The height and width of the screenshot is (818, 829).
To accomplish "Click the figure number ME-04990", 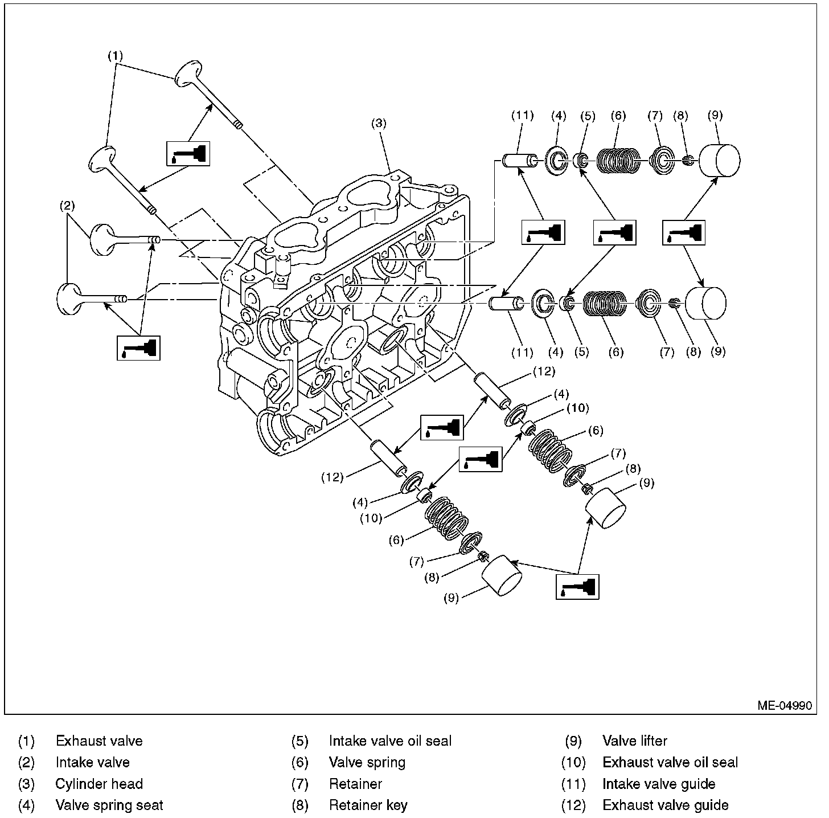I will pyautogui.click(x=784, y=705).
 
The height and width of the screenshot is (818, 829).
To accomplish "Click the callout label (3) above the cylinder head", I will pyautogui.click(x=379, y=122).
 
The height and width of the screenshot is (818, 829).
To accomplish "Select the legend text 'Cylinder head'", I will pyautogui.click(x=99, y=784).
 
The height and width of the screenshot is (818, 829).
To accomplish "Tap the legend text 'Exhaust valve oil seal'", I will pyautogui.click(x=670, y=762).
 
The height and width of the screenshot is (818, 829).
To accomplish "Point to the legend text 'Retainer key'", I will pyautogui.click(x=368, y=805).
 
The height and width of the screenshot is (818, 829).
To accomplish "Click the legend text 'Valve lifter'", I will pyautogui.click(x=634, y=741).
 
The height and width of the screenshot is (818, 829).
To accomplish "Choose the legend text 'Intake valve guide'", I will pyautogui.click(x=658, y=784).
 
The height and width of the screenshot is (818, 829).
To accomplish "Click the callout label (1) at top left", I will pyautogui.click(x=116, y=56).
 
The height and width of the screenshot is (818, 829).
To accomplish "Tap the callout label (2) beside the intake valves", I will pyautogui.click(x=68, y=206).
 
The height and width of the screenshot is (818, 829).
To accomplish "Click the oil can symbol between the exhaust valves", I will pyautogui.click(x=188, y=153).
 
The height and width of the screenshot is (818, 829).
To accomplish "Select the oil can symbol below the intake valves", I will pyautogui.click(x=138, y=347).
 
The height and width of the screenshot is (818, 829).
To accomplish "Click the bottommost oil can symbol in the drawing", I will pyautogui.click(x=577, y=586).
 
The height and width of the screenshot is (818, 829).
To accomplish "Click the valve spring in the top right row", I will pyautogui.click(x=618, y=161).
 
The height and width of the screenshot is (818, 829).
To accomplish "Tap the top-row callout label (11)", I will pyautogui.click(x=522, y=116).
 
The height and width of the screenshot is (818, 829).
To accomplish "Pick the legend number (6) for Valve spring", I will pyautogui.click(x=299, y=762).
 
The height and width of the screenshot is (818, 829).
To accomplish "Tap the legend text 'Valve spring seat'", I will pyautogui.click(x=109, y=805).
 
